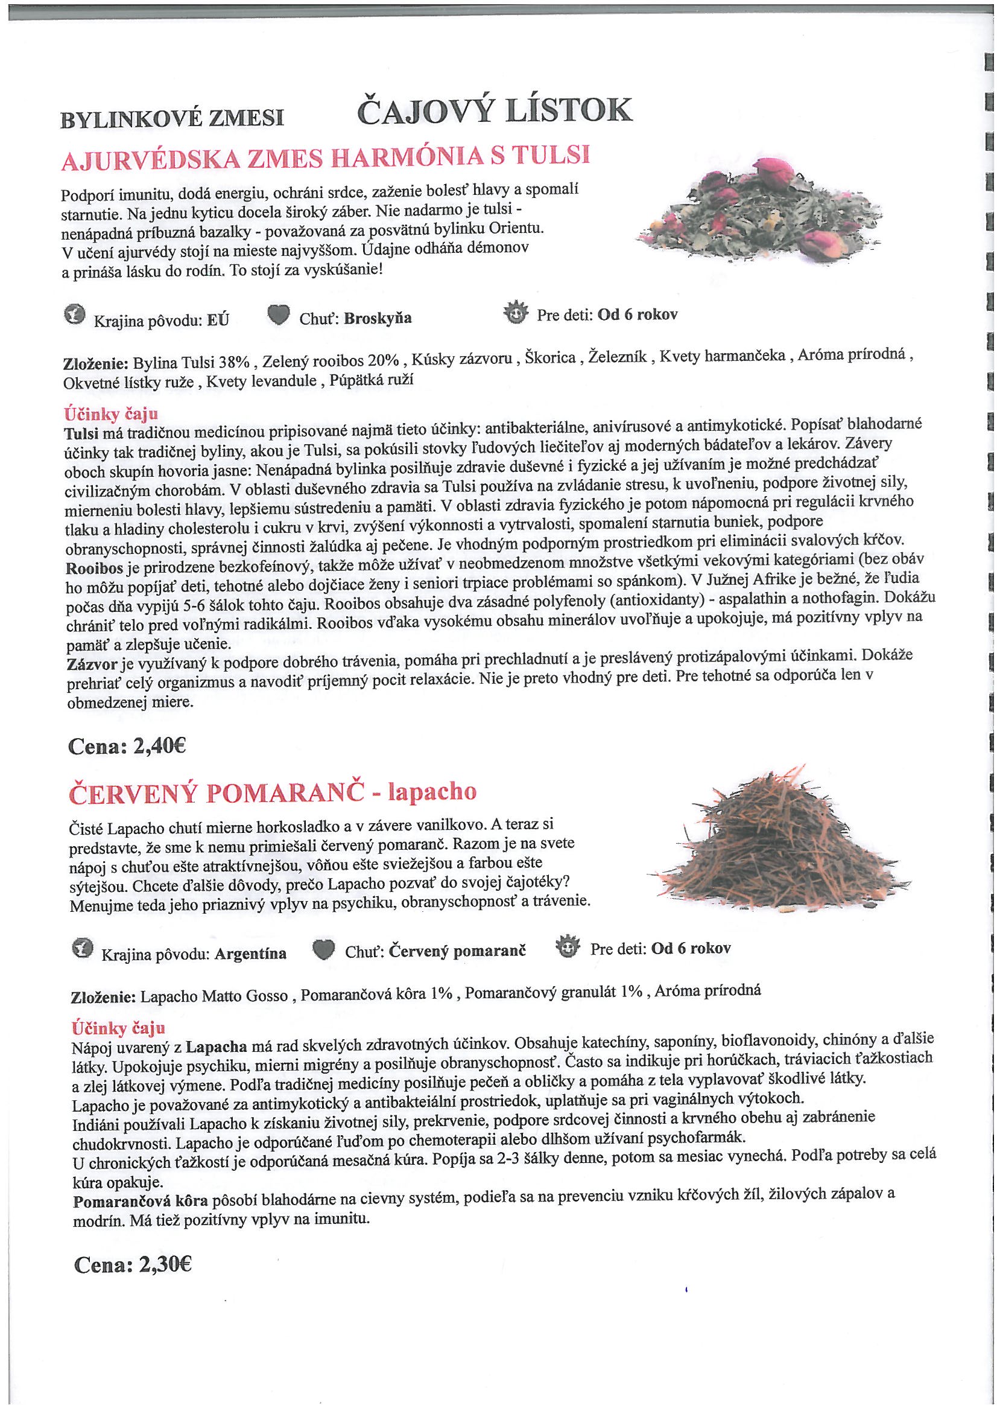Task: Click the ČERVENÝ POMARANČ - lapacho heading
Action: [x=273, y=793]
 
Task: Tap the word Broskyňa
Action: [x=378, y=318]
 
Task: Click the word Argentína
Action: [x=250, y=954]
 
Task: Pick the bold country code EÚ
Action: [x=218, y=320]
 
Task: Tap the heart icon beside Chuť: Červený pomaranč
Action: [x=324, y=950]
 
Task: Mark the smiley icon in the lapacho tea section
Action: [x=567, y=947]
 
